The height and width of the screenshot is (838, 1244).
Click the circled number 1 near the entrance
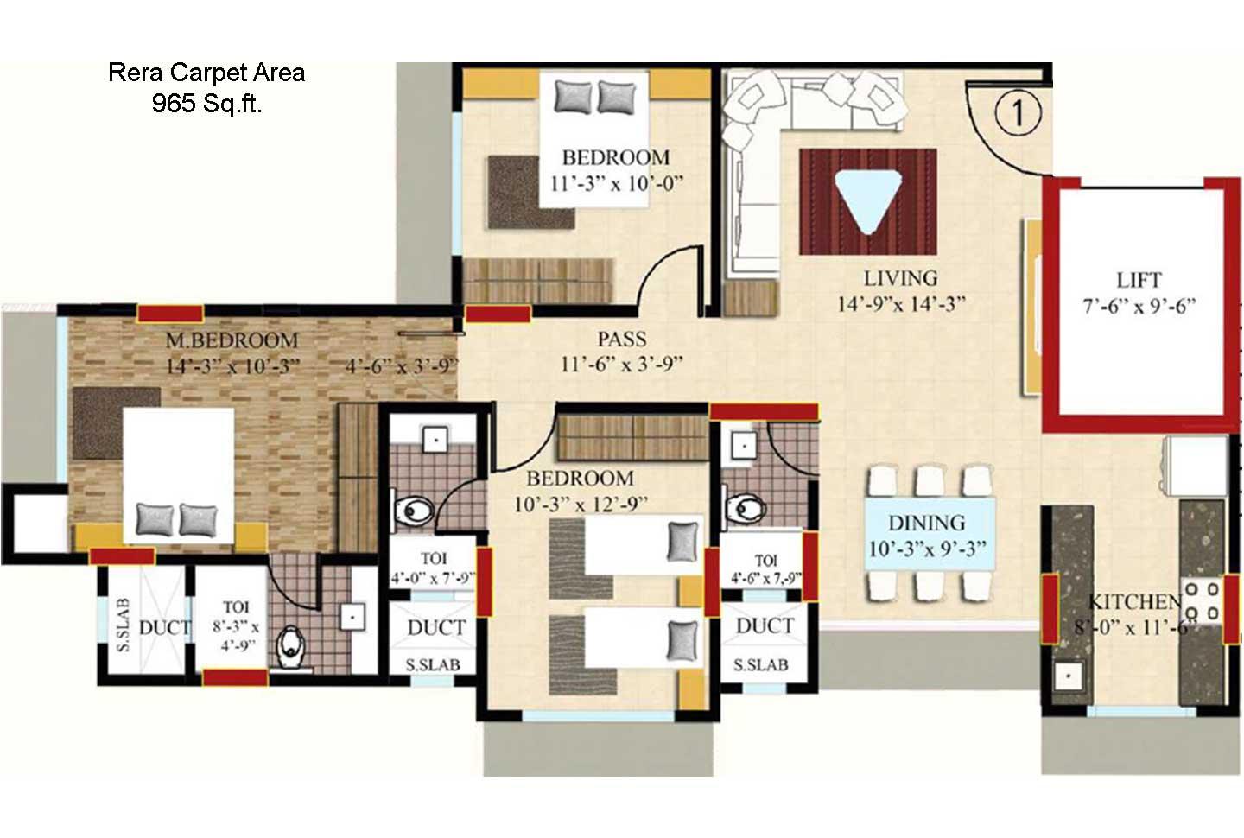[x=1018, y=112]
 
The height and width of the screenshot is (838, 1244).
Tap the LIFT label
[x=1139, y=280]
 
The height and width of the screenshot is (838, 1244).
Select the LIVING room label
[x=900, y=278]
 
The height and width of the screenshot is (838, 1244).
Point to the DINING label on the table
[x=926, y=523]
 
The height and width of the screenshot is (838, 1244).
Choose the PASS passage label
[x=622, y=339]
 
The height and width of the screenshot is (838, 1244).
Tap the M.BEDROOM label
[x=232, y=340]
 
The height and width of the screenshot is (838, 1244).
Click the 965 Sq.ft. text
[x=207, y=104]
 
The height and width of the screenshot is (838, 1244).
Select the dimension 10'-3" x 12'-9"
[x=581, y=505]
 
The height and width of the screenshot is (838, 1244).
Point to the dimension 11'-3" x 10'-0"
[x=616, y=184]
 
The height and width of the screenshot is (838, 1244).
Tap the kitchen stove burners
[x=1202, y=601]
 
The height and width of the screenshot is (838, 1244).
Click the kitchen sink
[x=1068, y=675]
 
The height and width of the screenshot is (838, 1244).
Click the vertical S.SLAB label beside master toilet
[x=123, y=625]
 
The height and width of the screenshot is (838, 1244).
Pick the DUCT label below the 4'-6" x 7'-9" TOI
[x=765, y=625]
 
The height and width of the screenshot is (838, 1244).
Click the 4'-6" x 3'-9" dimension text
[x=402, y=366]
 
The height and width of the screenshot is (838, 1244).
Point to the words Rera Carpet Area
[x=206, y=73]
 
